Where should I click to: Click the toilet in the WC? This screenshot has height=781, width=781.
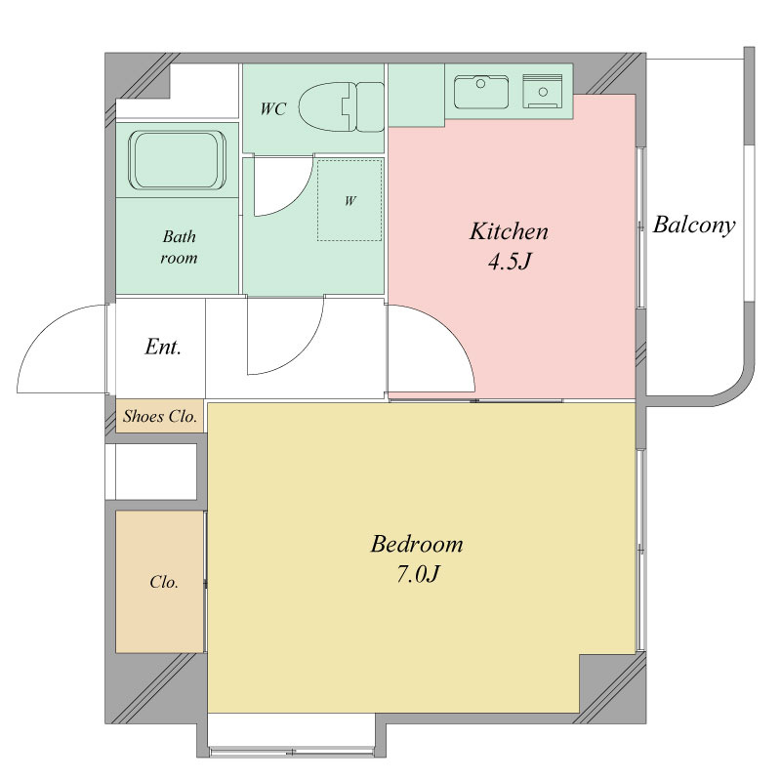click(342, 107)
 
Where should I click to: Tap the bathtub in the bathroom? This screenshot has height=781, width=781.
click(178, 159)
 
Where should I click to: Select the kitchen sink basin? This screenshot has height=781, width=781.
click(481, 92)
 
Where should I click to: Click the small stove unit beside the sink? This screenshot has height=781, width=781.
click(543, 91)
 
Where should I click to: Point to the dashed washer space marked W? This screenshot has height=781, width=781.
click(349, 200)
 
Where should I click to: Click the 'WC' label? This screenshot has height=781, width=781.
click(273, 108)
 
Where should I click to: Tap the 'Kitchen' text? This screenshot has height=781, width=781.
click(509, 231)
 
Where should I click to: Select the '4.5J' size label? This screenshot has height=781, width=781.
click(510, 261)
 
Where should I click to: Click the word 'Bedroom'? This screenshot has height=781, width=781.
click(417, 544)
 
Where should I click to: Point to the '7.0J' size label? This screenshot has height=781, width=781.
click(418, 574)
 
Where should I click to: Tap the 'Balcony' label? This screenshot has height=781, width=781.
click(694, 226)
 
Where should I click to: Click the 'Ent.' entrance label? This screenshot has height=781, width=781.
click(163, 347)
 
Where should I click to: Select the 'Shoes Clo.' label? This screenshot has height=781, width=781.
click(160, 416)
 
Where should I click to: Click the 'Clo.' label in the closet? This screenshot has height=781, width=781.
click(164, 582)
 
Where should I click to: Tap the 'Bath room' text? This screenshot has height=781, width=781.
click(179, 247)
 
